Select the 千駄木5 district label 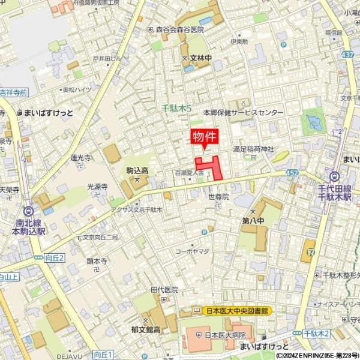177,109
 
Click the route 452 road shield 292,173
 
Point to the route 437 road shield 348,54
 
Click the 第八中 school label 253,220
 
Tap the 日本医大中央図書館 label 232,310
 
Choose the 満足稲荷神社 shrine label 253,148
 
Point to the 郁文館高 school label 146,329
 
